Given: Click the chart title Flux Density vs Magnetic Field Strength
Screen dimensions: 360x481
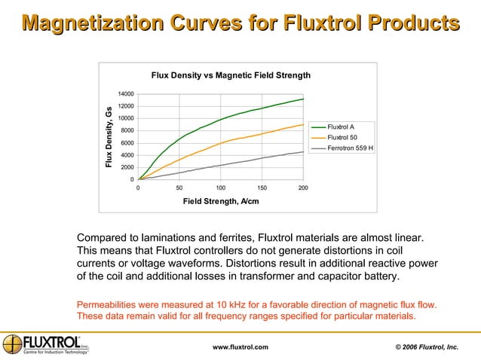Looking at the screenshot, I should coord(231,75).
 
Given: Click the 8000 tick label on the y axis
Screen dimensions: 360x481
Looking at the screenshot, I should coord(127,131).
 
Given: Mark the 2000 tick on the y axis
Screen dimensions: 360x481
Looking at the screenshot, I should coord(127,167).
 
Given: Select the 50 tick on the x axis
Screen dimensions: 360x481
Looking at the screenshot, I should coord(179,187).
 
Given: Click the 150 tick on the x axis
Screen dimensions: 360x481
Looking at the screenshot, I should coord(262,187).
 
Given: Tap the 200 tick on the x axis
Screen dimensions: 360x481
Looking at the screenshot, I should coord(303,187).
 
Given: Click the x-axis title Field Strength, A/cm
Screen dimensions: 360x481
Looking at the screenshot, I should coord(220,201).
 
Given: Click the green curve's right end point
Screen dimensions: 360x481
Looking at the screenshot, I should coord(303,99).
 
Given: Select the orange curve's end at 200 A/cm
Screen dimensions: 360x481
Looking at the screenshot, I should coord(303,125).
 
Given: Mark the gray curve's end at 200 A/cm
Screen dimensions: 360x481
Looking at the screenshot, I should coord(303,151).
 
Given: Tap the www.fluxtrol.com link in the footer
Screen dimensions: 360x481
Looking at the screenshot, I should coord(240,346).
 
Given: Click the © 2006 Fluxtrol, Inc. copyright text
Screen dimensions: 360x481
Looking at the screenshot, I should coord(427,346).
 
